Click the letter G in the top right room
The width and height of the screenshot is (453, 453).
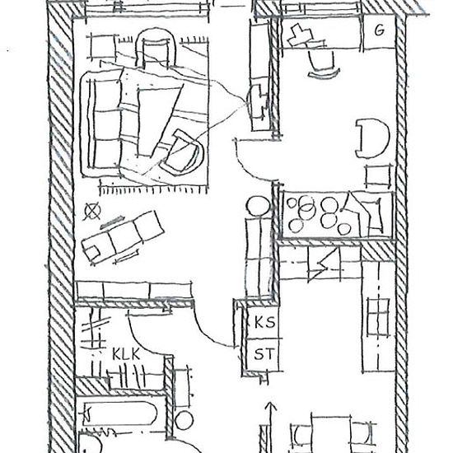point(380,30)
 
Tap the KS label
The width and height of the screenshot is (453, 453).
point(264,322)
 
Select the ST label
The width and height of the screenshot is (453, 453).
point(264,354)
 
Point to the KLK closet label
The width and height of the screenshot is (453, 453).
point(126,353)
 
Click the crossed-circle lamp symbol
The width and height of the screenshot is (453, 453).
point(92,211)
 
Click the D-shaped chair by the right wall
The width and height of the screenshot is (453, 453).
point(372,138)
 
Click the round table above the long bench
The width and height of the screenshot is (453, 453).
point(258,206)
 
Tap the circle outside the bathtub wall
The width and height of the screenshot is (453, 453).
point(184,420)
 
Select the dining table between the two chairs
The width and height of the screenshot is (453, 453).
point(331,434)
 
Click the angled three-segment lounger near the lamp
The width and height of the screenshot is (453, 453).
point(123,237)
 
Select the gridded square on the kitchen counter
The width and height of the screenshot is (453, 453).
point(378,317)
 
